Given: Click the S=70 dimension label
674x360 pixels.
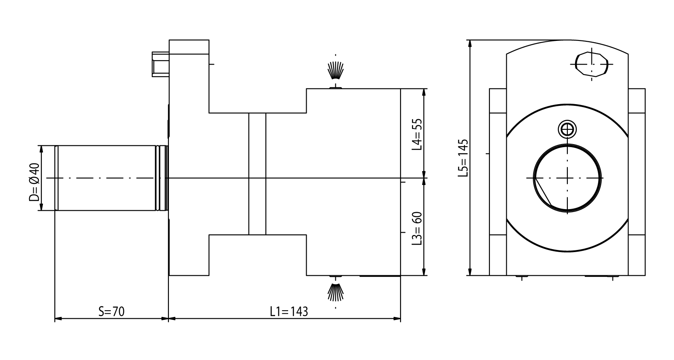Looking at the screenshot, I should (x=112, y=312).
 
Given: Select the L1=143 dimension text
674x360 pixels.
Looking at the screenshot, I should (x=289, y=312).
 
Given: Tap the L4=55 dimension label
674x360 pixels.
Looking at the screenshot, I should (x=417, y=134).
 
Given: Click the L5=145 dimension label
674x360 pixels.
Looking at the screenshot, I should (x=463, y=158).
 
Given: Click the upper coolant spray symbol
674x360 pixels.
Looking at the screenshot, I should (x=336, y=71).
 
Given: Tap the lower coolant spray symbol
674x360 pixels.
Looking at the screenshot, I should (x=336, y=292).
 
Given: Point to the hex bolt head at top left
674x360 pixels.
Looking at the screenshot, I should (x=160, y=64).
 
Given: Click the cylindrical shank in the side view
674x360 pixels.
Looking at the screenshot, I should (x=107, y=178).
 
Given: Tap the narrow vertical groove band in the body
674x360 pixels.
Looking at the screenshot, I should (x=257, y=174).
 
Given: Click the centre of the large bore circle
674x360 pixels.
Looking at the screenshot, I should (x=567, y=177).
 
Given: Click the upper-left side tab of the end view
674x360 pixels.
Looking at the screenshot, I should (x=497, y=101).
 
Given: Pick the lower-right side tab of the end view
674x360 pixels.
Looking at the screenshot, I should (x=637, y=255).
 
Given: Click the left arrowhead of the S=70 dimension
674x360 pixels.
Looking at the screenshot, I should (x=58, y=318).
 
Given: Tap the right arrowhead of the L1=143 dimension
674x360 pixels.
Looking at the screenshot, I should (x=397, y=318).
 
